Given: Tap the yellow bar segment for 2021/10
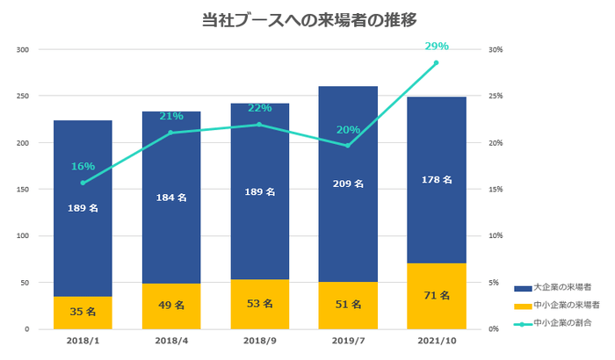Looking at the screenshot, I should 436,296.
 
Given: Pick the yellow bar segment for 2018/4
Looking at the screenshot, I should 171,306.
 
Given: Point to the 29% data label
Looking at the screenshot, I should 437,46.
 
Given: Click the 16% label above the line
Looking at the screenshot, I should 83,166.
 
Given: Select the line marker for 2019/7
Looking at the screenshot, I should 347,146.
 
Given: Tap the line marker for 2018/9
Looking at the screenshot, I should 259,125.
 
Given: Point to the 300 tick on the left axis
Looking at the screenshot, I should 23,49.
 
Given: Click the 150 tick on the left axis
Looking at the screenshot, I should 23,189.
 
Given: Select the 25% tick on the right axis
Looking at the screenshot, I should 496,96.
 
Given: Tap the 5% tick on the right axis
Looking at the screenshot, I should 496,283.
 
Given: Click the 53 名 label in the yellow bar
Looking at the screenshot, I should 259,305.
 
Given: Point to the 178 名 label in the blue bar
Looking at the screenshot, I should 436,180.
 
